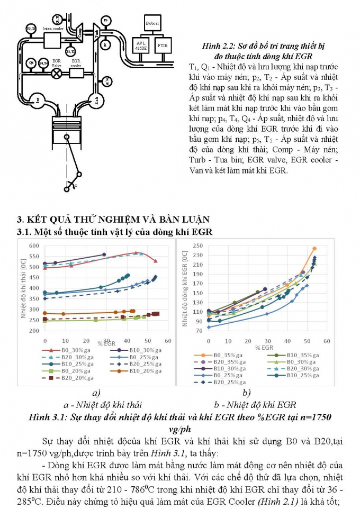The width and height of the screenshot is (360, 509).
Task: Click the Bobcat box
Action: click(151, 23)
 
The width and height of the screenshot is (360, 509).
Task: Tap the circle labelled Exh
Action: click(95, 99)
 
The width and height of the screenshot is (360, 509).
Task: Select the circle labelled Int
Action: click(38, 99)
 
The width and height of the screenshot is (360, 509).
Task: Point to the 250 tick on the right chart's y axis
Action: click(184, 246)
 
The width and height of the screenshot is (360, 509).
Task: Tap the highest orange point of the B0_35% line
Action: click(314, 248)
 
